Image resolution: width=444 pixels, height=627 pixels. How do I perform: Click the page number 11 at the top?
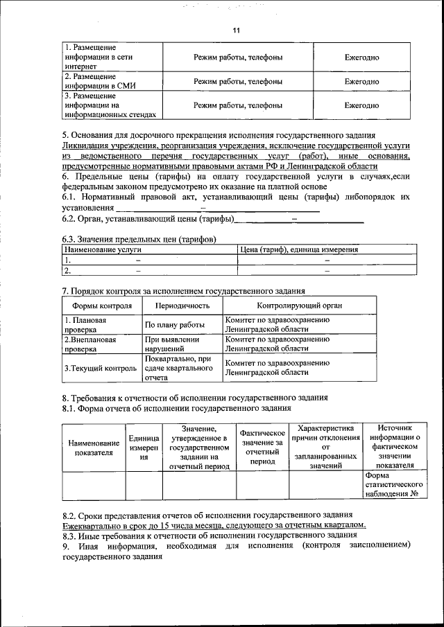[x=236, y=31]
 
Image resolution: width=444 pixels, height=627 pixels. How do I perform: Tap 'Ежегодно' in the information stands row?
[x=361, y=106]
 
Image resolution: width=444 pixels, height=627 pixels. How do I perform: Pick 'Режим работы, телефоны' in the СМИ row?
[x=238, y=81]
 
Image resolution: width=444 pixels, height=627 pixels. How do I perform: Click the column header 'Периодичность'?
[x=182, y=306]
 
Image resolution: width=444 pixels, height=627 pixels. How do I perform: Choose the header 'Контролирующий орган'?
[x=299, y=306]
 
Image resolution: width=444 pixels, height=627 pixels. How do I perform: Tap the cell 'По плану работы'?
[x=174, y=325]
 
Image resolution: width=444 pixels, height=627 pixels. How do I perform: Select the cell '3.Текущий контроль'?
[x=101, y=369]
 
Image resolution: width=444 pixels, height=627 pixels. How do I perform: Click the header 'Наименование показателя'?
[x=94, y=448]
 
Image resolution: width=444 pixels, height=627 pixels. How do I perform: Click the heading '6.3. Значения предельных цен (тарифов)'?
[x=139, y=239]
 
